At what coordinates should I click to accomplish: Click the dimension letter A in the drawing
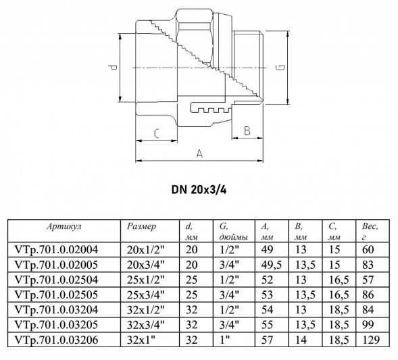coord(200,153)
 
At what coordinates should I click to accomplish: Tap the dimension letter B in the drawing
coord(247,130)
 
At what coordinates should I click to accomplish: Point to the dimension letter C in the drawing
coord(157,134)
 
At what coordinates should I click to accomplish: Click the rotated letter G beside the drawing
coord(280,68)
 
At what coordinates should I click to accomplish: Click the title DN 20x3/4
coord(199,190)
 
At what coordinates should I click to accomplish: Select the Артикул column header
coord(64,226)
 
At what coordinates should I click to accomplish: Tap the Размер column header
coord(142,226)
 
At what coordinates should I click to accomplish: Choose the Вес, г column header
coord(370,232)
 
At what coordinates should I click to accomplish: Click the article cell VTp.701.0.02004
coord(56,250)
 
